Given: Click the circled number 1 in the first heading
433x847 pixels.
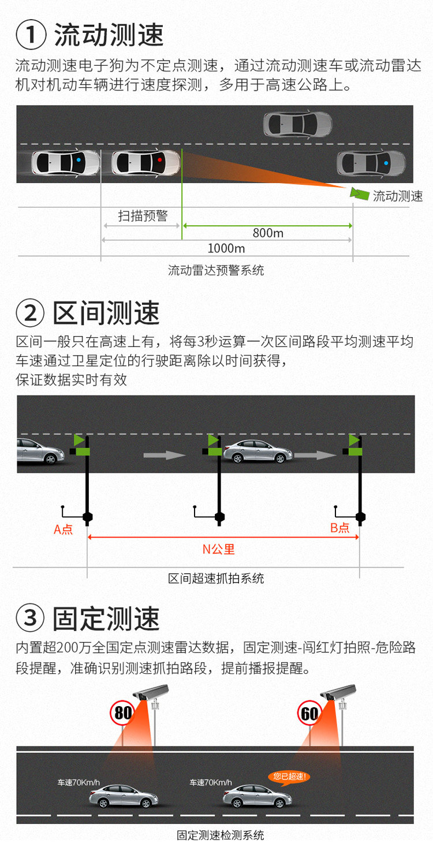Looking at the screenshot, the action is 31,35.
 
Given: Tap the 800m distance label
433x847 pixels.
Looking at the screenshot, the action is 268,233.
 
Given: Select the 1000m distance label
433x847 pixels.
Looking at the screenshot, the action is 226,248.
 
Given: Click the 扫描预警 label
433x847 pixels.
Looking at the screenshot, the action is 143,216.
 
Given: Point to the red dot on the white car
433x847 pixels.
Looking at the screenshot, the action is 160,159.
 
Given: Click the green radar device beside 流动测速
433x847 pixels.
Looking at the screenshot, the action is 360,194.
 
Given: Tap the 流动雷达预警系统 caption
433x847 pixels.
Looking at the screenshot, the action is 216,270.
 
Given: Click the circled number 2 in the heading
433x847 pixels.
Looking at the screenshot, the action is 31,313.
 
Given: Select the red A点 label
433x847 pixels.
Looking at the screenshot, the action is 64,529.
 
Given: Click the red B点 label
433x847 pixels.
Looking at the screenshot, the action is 340,528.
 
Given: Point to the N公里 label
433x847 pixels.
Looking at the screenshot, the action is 218,549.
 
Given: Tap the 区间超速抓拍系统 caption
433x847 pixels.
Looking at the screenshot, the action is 216,578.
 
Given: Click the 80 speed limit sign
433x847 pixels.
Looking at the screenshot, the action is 123,712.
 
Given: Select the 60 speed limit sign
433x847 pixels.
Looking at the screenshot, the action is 310,714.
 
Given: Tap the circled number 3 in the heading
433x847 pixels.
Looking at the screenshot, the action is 31,618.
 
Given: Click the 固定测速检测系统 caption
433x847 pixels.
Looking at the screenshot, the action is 220,835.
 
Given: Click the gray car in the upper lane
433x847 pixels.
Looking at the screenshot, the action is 297,123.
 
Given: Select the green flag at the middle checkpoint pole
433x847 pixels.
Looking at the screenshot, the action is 213,441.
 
